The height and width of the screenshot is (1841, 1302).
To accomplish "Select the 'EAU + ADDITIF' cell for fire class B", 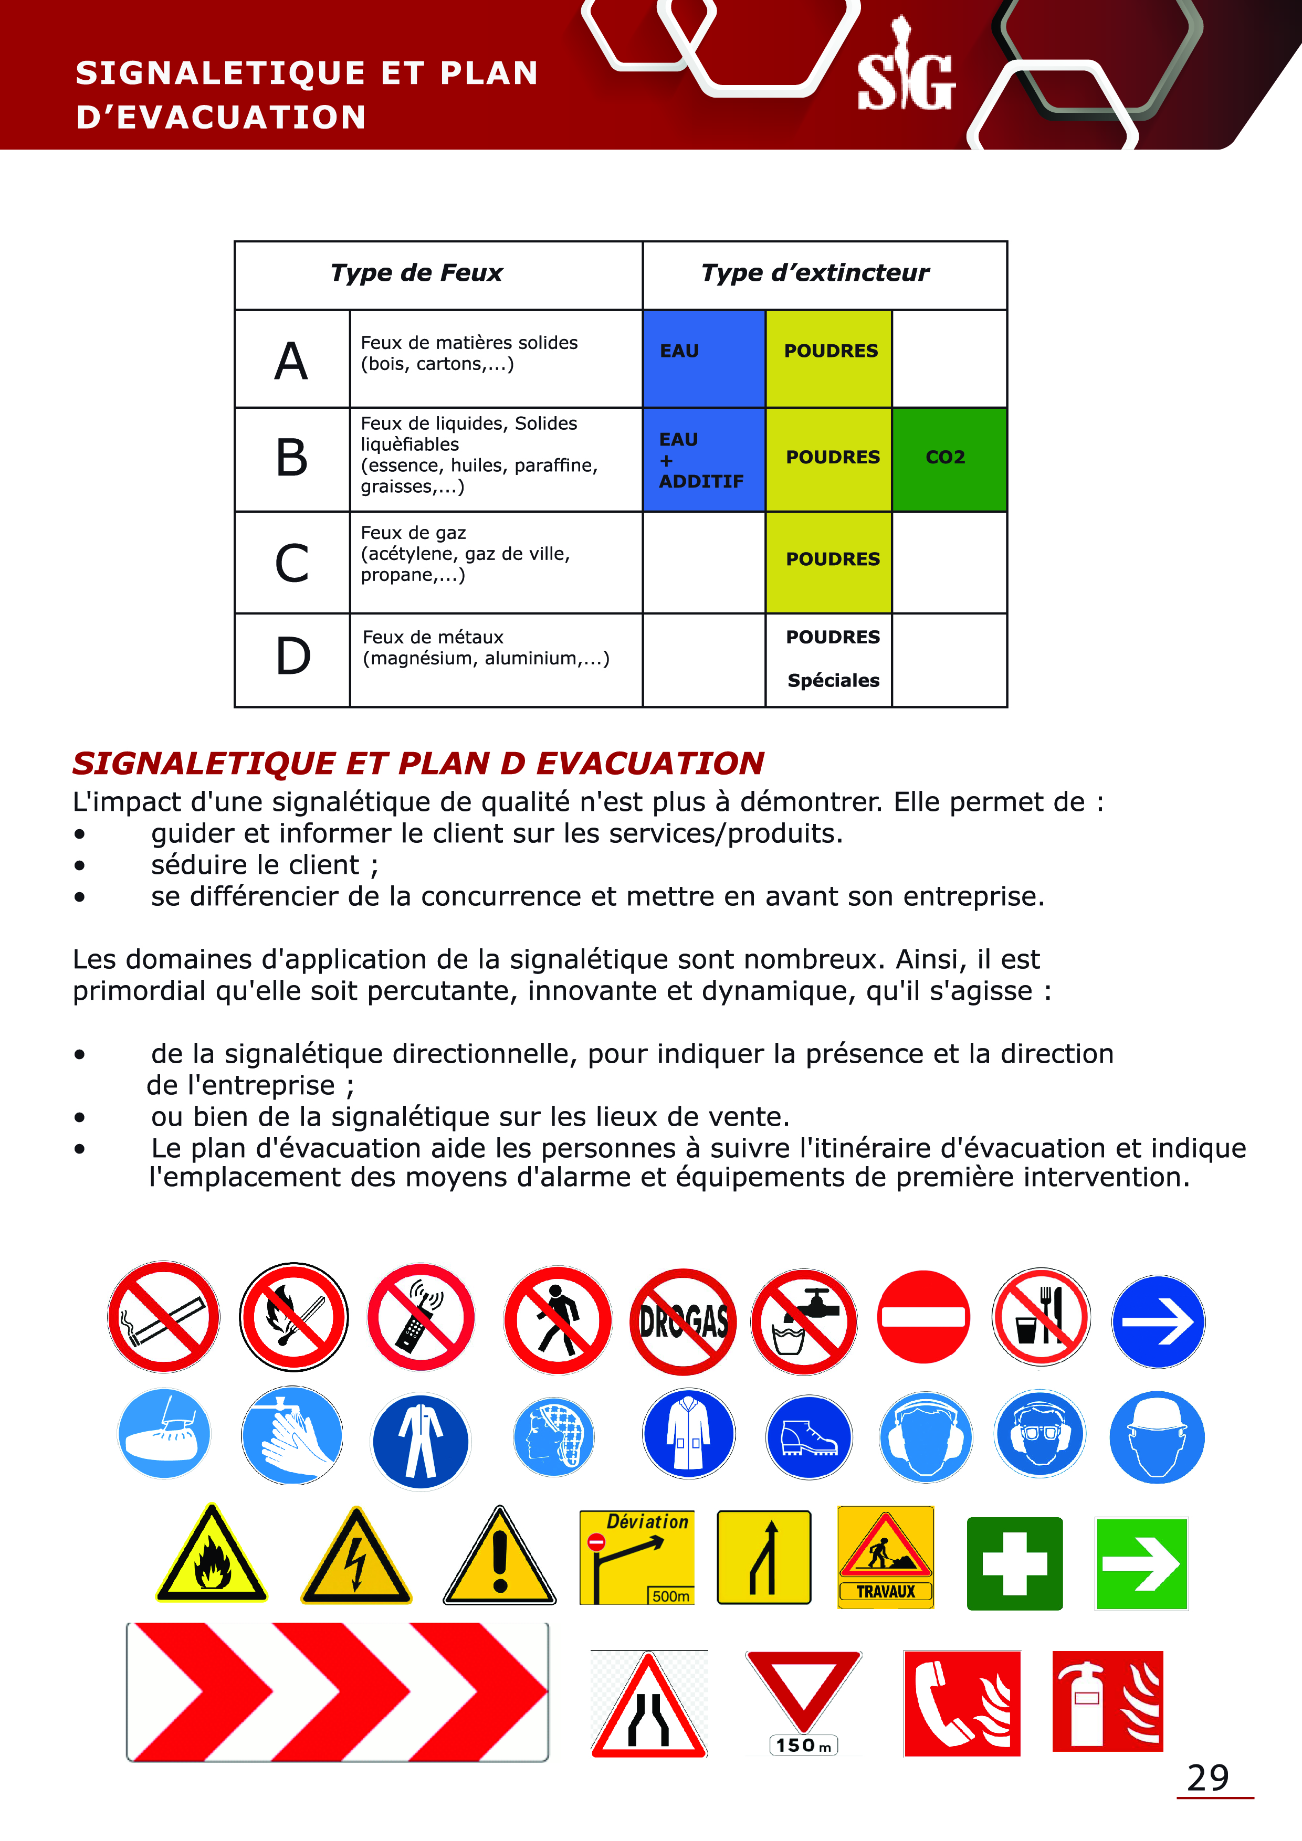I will pyautogui.click(x=703, y=459).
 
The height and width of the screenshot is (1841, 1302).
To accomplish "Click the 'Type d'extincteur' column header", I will pyautogui.click(x=815, y=273).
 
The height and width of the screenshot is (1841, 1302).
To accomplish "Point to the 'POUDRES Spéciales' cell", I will pyautogui.click(x=831, y=659).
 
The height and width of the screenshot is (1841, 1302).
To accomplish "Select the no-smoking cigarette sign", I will pyautogui.click(x=164, y=1317).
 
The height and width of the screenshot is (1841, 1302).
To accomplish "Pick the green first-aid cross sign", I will pyautogui.click(x=1015, y=1563).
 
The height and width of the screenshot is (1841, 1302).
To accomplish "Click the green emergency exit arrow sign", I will pyautogui.click(x=1141, y=1563).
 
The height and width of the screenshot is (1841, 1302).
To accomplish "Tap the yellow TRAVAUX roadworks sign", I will pyautogui.click(x=886, y=1557).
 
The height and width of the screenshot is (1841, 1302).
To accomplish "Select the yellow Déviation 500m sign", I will pyautogui.click(x=637, y=1557).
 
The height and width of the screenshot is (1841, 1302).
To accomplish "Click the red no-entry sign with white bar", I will pyautogui.click(x=923, y=1317).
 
